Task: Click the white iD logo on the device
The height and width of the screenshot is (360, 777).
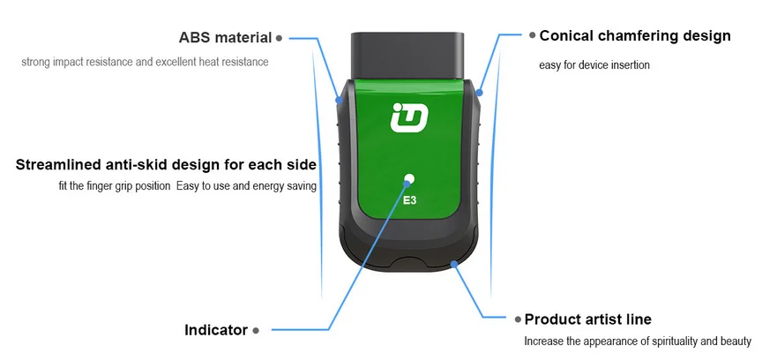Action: point(408,118)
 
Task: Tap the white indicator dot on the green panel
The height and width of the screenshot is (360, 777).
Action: point(409,179)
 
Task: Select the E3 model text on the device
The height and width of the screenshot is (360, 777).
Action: point(410,200)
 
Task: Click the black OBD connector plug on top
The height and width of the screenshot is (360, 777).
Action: point(408,55)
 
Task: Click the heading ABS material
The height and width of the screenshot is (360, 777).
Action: point(225,38)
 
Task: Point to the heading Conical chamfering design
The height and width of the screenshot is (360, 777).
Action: point(635,36)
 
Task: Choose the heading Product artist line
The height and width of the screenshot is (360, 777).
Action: point(588,319)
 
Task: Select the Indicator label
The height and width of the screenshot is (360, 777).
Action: point(216,330)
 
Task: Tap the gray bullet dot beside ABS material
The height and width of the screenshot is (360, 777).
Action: point(279,38)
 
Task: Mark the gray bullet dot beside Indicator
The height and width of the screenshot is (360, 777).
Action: point(256,330)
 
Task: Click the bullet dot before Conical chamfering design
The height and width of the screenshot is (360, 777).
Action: point(532,36)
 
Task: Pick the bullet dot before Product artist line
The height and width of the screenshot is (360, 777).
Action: point(517,319)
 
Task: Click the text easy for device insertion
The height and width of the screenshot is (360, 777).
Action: point(594,65)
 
